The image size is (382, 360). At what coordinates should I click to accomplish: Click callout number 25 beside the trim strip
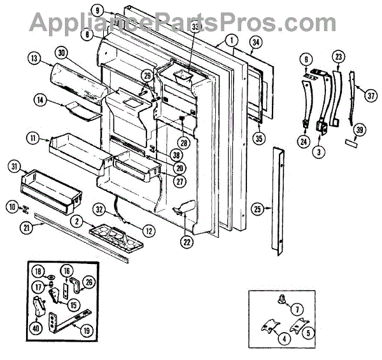click(257, 208)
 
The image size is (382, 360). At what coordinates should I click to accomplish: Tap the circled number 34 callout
click(255, 43)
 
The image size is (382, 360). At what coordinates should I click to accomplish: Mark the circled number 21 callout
click(25, 227)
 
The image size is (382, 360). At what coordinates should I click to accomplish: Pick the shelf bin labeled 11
click(73, 149)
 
